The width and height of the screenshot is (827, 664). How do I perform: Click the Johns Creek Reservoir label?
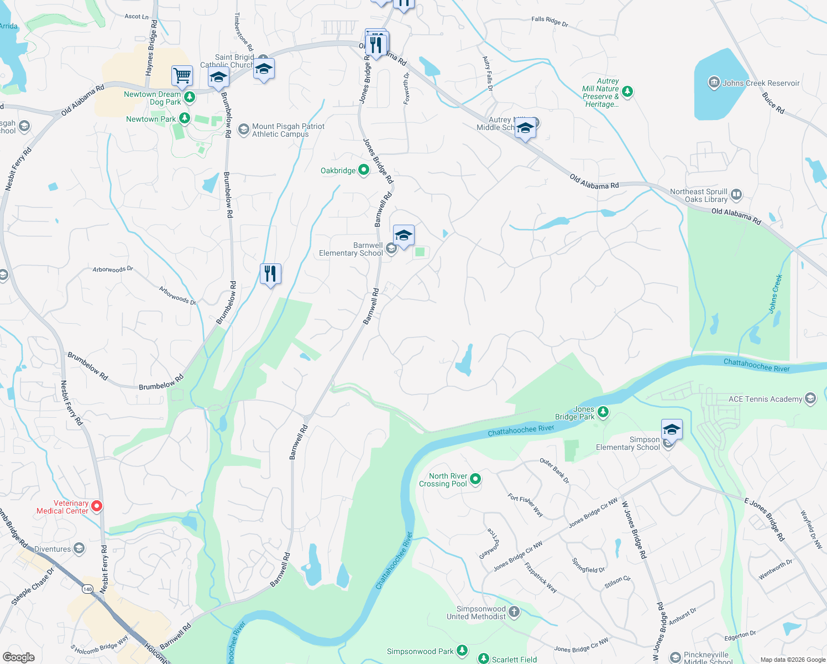click(761, 83)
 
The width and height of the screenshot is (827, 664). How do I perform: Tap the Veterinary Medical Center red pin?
click(97, 506)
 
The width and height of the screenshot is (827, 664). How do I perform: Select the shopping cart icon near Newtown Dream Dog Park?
click(182, 75)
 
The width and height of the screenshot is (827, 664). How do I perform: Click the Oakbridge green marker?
click(364, 170)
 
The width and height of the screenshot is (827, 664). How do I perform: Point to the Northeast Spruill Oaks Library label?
click(699, 195)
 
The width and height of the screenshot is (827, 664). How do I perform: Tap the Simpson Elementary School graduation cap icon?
click(672, 429)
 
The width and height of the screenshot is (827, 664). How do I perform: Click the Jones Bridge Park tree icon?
click(603, 412)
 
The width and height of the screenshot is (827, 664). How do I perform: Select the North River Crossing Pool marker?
click(475, 479)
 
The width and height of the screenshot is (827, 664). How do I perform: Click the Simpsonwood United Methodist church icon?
click(514, 611)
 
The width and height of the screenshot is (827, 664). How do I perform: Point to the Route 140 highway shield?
click(87, 589)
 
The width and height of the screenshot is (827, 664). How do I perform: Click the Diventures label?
click(53, 549)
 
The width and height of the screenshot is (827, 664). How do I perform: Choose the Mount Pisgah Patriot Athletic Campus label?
click(288, 130)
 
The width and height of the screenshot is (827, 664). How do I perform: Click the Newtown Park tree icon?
click(185, 118)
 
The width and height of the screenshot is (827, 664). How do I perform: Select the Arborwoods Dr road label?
click(113, 269)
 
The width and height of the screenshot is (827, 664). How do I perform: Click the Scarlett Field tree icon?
click(484, 658)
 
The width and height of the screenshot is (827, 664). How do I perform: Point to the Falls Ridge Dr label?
click(549, 22)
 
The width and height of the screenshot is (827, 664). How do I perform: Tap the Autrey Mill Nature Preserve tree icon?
click(627, 91)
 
